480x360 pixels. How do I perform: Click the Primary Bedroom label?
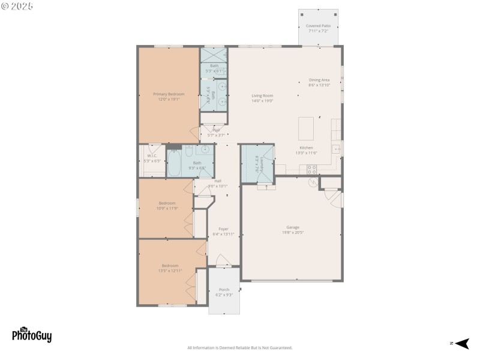click(x=169, y=96)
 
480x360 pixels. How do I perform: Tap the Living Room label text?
click(x=262, y=98)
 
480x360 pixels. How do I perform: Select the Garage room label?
click(x=293, y=229)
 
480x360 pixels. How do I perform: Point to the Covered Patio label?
click(x=318, y=28)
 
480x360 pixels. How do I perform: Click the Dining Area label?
click(x=319, y=82)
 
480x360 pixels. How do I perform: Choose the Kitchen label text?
click(x=306, y=150)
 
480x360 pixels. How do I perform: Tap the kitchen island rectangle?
click(x=306, y=128)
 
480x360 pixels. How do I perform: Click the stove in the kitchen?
click(x=312, y=169)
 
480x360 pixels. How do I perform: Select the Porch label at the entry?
click(x=224, y=292)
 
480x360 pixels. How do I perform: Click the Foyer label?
click(x=223, y=231)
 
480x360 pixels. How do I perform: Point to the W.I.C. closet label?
click(x=152, y=158)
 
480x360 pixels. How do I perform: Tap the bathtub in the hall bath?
click(x=175, y=164)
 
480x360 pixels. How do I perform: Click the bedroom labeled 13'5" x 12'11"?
click(x=170, y=268)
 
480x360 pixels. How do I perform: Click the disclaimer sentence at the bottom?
click(x=239, y=348)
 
